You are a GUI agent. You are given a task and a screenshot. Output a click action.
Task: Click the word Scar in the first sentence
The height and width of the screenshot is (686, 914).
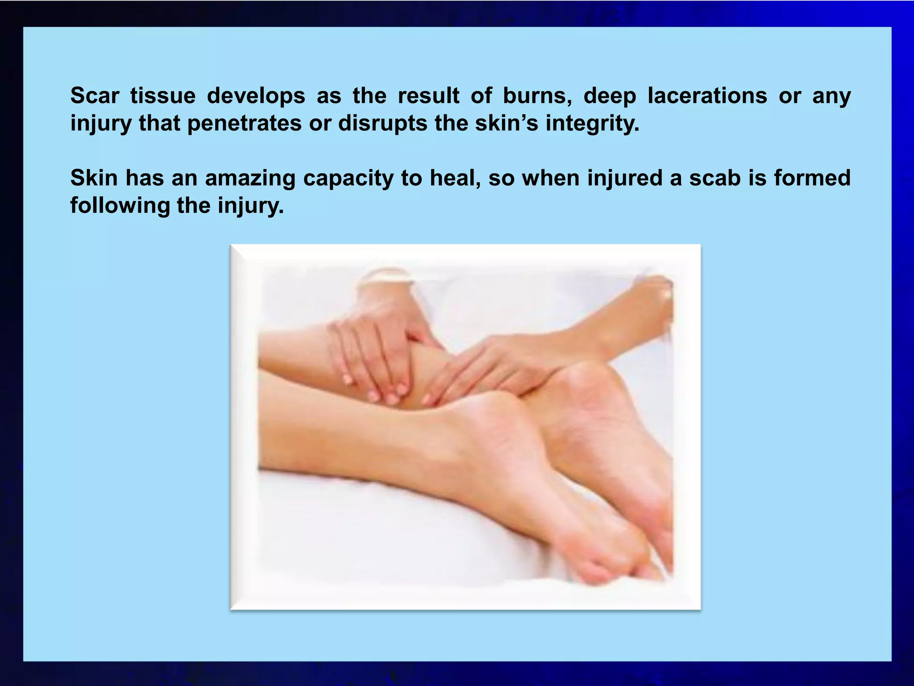(95, 96)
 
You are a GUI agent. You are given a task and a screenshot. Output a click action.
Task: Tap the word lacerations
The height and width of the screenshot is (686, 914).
(707, 96)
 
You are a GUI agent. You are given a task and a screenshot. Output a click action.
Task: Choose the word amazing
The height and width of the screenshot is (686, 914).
(250, 179)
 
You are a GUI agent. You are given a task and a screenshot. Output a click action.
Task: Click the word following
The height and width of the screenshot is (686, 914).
(120, 206)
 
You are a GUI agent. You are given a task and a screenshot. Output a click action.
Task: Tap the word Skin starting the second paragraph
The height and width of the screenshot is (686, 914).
(94, 179)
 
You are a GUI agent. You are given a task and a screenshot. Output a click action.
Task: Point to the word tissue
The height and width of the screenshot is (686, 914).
(163, 96)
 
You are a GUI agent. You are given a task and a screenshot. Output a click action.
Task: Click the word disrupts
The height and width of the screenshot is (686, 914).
(382, 124)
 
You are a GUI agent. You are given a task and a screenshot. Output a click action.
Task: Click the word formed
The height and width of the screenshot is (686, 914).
(812, 179)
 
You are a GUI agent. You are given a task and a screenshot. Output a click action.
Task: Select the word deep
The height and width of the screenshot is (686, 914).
(610, 96)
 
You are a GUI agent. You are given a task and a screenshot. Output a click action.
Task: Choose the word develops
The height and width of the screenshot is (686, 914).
(256, 96)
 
